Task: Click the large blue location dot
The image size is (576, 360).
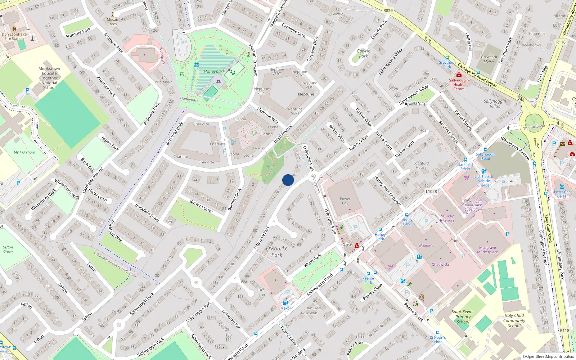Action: coord(288,180)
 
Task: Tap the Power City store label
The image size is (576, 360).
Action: coord(345,201)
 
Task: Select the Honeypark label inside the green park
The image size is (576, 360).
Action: coord(214,71)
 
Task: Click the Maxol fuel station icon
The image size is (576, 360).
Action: coord(285,303)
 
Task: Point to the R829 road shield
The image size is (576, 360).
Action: coord(388,10)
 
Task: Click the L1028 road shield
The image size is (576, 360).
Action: coord(431,192)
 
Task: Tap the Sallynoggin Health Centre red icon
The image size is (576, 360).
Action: coord(459,75)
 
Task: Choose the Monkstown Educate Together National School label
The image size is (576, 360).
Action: coord(49,78)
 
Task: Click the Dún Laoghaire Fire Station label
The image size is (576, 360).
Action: coord(14,36)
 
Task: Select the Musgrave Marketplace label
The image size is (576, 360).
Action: coord(487,250)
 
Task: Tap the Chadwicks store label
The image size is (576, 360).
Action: coord(441,264)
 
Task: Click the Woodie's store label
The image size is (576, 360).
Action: coord(426,246)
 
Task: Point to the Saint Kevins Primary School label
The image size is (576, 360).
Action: coord(463,317)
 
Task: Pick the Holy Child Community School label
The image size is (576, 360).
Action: coord(514,320)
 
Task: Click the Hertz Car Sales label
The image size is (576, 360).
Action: coord(562,194)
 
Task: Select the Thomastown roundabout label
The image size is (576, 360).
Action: coord(534,127)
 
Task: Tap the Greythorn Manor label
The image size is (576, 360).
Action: coord(489,59)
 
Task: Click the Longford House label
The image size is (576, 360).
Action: coord(421,165)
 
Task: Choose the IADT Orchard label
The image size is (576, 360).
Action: coord(24,152)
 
